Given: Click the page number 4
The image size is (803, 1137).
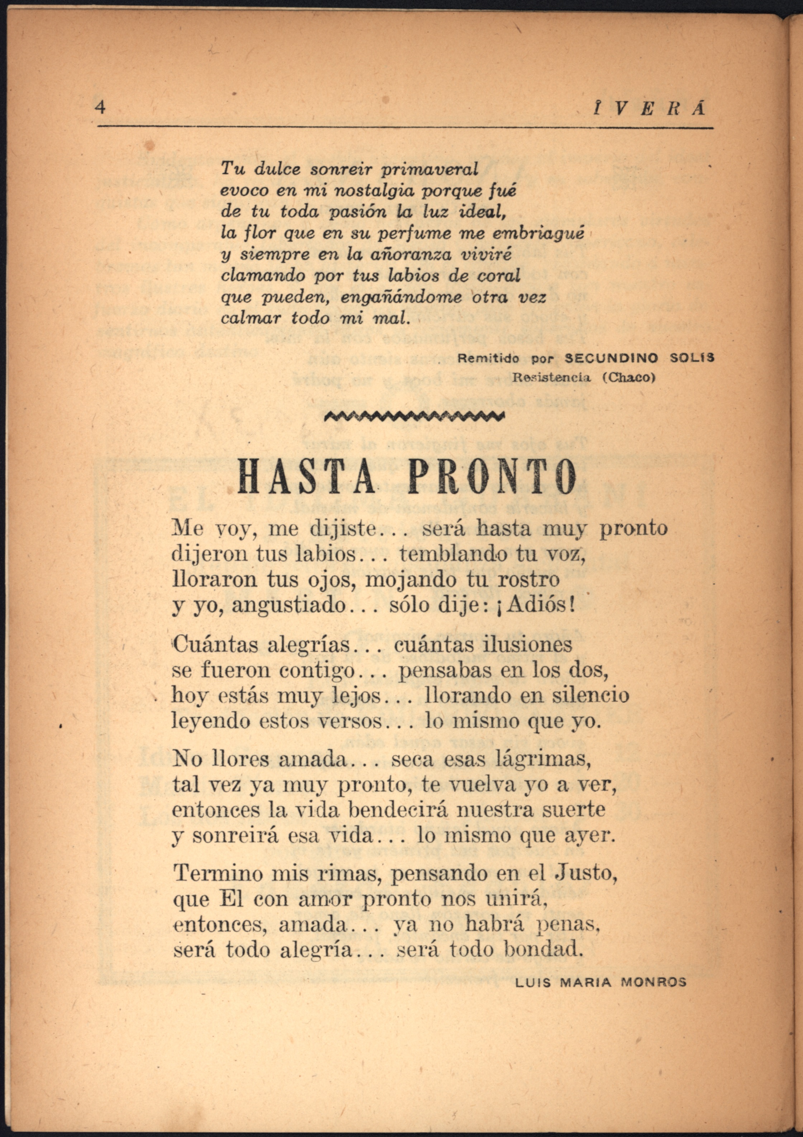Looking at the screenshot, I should tap(100, 107).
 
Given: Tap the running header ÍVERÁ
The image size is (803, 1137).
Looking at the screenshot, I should tap(650, 108).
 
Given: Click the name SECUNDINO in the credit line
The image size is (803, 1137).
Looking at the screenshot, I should tap(612, 358).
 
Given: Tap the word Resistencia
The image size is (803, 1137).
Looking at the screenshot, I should tap(551, 377).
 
